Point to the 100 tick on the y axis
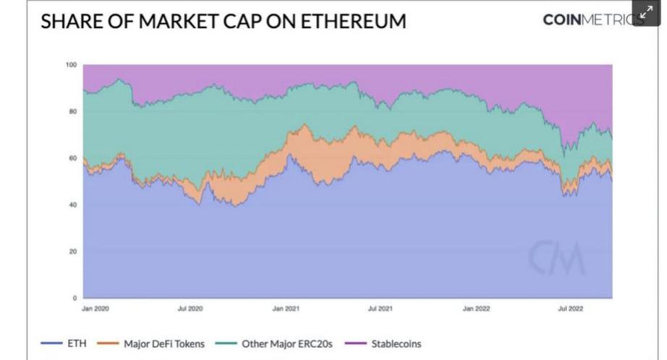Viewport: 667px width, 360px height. pos(72,65)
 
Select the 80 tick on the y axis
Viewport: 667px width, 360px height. pos(72,112)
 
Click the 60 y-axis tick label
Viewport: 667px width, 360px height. pos(72,158)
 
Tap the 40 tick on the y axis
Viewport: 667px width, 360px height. pos(72,205)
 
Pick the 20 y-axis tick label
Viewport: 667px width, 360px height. pos(72,252)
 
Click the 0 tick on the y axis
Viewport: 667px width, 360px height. pos(75,298)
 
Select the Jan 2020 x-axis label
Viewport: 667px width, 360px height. pos(95,309)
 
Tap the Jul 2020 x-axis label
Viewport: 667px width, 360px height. pos(190,309)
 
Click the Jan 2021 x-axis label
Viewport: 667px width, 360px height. pos(286,309)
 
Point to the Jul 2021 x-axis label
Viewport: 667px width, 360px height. pos(381,309)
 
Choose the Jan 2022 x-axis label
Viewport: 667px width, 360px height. pos(477,309)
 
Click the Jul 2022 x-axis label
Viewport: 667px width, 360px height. pos(572,309)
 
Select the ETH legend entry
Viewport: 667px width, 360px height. pos(76,343)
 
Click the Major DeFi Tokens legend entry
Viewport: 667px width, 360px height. pos(163,343)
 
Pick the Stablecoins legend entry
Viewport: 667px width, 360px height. pos(396,343)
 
